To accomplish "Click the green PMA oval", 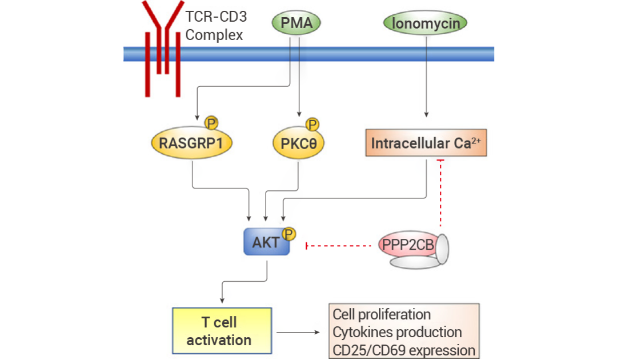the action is (x=297, y=22).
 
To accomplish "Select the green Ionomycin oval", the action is (x=426, y=23).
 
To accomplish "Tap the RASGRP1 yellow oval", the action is (x=191, y=142).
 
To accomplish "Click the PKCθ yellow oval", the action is (x=298, y=143).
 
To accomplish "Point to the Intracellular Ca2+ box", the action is (x=426, y=143).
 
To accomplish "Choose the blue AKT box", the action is (x=266, y=242).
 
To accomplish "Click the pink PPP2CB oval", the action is (x=408, y=245).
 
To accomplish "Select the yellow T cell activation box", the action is (x=222, y=330).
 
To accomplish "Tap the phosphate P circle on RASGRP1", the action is (x=211, y=123).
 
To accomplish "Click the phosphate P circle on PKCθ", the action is (x=312, y=125).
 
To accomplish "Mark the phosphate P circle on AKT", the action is (x=289, y=234).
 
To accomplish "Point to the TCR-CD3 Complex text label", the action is (x=216, y=26).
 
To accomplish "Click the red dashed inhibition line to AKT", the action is (x=338, y=246).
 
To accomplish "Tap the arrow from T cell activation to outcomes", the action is (x=298, y=332).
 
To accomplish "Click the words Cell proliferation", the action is (x=382, y=314).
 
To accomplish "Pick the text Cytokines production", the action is (x=397, y=332).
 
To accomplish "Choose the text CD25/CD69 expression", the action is (x=404, y=350).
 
